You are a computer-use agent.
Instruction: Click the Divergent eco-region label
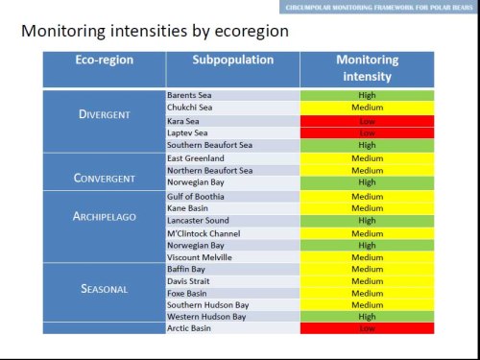pyautogui.click(x=104, y=114)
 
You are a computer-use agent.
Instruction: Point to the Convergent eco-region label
pyautogui.click(x=104, y=178)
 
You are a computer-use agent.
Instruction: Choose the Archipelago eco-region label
pyautogui.click(x=104, y=216)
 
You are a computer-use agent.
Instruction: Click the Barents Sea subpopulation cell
pyautogui.click(x=232, y=96)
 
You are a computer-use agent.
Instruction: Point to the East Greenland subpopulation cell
pyautogui.click(x=232, y=157)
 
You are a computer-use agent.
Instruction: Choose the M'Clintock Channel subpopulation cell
pyautogui.click(x=232, y=232)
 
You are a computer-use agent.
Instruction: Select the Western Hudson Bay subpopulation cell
pyautogui.click(x=232, y=316)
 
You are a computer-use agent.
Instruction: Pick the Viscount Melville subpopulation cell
pyautogui.click(x=232, y=256)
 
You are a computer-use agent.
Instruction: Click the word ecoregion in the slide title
pyautogui.click(x=245, y=33)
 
